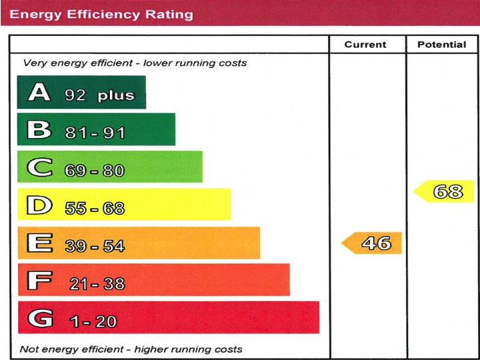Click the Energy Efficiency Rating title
pyautogui.click(x=101, y=13)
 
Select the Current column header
pyautogui.click(x=365, y=45)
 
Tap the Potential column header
pyautogui.click(x=442, y=45)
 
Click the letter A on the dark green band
pyautogui.click(x=39, y=93)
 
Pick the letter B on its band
pyautogui.click(x=39, y=130)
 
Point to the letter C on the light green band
pyautogui.click(x=39, y=168)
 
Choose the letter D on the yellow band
pyautogui.click(x=39, y=206)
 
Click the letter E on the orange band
pyautogui.click(x=39, y=243)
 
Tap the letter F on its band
pyautogui.click(x=39, y=281)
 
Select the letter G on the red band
pyautogui.click(x=39, y=319)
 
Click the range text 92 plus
pyautogui.click(x=99, y=95)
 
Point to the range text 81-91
pyautogui.click(x=95, y=133)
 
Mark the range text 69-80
pyautogui.click(x=95, y=171)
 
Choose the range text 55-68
pyautogui.click(x=95, y=209)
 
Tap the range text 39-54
pyautogui.click(x=95, y=246)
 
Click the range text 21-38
pyautogui.click(x=97, y=284)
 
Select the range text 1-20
pyautogui.click(x=94, y=322)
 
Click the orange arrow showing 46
pyautogui.click(x=373, y=243)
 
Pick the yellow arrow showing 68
pyautogui.click(x=445, y=192)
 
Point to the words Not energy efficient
pyautogui.click(x=75, y=349)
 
